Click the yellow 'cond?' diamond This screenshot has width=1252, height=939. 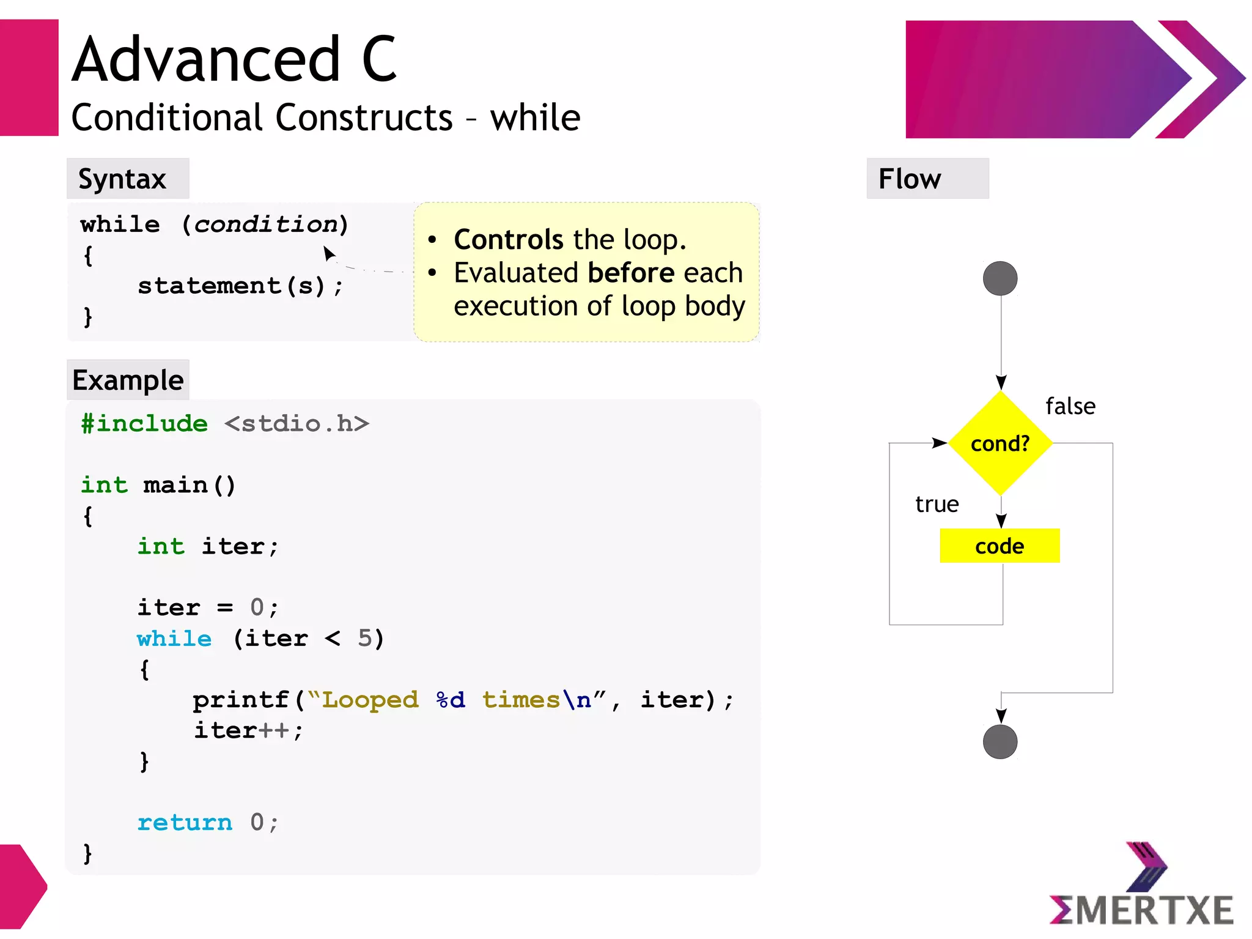pyautogui.click(x=1000, y=443)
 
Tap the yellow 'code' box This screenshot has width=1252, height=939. pyautogui.click(x=1000, y=546)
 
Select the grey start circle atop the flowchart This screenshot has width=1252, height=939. pyautogui.click(x=1000, y=278)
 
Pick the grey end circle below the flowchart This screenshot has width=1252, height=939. pyautogui.click(x=1000, y=742)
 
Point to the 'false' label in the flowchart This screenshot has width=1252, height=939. pyautogui.click(x=1070, y=406)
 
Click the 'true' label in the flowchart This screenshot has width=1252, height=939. pyautogui.click(x=937, y=504)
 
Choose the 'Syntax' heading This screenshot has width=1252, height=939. pyautogui.click(x=122, y=179)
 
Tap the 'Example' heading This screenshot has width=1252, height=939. pyautogui.click(x=128, y=380)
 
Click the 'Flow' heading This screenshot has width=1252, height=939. pyautogui.click(x=910, y=179)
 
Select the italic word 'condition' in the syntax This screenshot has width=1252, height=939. pyautogui.click(x=267, y=225)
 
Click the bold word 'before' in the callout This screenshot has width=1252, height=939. pyautogui.click(x=632, y=273)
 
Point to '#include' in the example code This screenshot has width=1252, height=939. pyautogui.click(x=145, y=423)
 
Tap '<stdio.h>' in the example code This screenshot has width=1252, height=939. pyautogui.click(x=296, y=423)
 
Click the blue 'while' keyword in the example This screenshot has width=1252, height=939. pyautogui.click(x=174, y=639)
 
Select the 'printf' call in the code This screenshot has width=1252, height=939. pyautogui.click(x=241, y=700)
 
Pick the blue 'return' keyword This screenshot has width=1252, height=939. pyautogui.click(x=185, y=822)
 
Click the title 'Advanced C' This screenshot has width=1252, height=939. pyautogui.click(x=235, y=59)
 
